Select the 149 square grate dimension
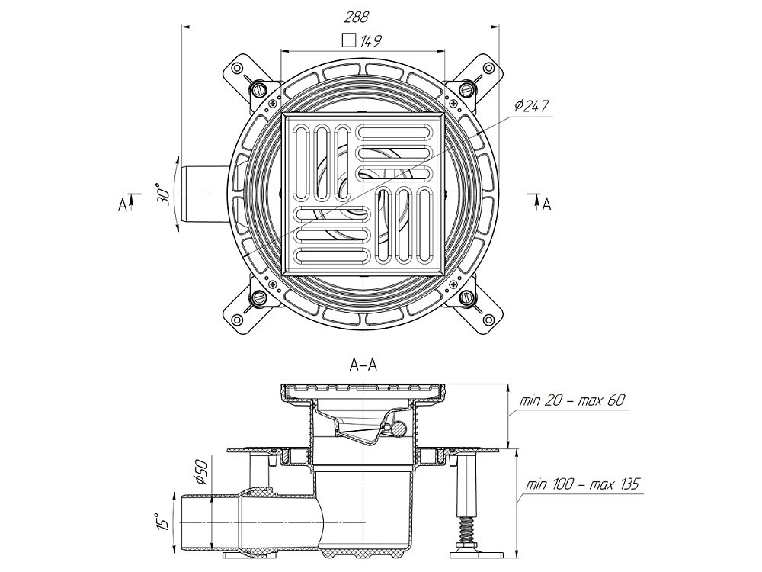coord(373,40)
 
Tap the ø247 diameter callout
coord(532,106)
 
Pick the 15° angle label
coord(161,522)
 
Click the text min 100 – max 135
coord(581,484)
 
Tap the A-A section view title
coord(363,365)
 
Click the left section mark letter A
coord(122,204)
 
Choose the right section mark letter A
coord(546,204)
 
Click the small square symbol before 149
coord(349,40)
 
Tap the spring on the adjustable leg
coord(464,528)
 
